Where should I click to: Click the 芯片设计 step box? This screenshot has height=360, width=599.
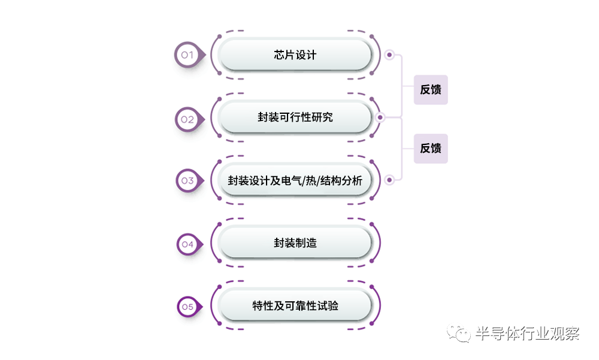[295, 55]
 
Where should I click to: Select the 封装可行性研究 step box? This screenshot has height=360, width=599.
[295, 117]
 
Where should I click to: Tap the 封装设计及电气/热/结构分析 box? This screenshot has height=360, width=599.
[295, 180]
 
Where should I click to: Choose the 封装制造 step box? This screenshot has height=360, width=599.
[295, 243]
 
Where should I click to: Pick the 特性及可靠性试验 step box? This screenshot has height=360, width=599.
[295, 306]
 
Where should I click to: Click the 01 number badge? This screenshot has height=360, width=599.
[188, 55]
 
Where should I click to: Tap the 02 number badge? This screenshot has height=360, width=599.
[188, 119]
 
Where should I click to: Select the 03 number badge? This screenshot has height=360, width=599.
[188, 180]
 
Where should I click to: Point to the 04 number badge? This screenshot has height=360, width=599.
[188, 244]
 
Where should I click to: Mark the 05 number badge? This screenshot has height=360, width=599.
[188, 307]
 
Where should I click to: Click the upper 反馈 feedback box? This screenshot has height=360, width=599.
[431, 90]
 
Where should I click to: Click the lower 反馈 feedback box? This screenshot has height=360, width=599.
[431, 148]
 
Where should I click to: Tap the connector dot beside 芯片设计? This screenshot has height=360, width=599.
[389, 55]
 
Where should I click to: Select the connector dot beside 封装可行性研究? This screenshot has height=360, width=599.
[380, 117]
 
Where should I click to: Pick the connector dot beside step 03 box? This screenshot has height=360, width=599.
[389, 179]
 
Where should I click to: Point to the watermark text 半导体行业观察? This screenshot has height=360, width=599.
[527, 334]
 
